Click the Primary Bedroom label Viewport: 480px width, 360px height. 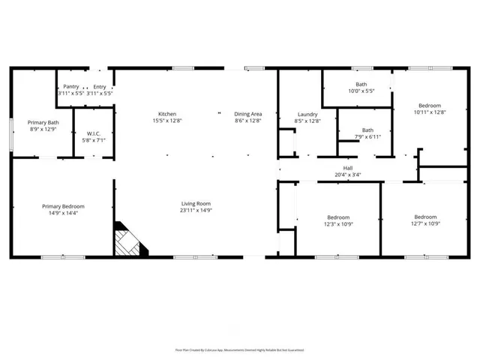click(x=63, y=206)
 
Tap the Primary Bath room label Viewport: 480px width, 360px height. click(x=43, y=122)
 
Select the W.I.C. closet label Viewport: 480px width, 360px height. click(x=94, y=133)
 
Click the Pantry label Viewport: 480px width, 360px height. click(x=71, y=87)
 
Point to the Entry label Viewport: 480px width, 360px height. click(x=100, y=87)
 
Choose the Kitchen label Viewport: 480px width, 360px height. click(x=166, y=114)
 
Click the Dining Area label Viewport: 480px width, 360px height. click(x=248, y=114)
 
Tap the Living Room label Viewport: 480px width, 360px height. click(x=196, y=203)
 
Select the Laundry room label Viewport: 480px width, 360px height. click(x=307, y=115)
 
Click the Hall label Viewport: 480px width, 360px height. click(x=348, y=168)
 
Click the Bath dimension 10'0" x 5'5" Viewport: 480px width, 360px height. click(x=361, y=91)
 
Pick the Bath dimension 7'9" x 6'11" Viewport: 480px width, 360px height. click(x=367, y=136)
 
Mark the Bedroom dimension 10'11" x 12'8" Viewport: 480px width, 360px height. click(x=430, y=112)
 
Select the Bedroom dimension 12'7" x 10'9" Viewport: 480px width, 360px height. click(x=425, y=223)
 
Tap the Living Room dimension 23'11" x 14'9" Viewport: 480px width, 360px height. click(x=196, y=210)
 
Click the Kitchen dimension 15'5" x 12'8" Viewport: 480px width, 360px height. click(x=166, y=121)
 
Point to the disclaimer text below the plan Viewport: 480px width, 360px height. click(x=240, y=349)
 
